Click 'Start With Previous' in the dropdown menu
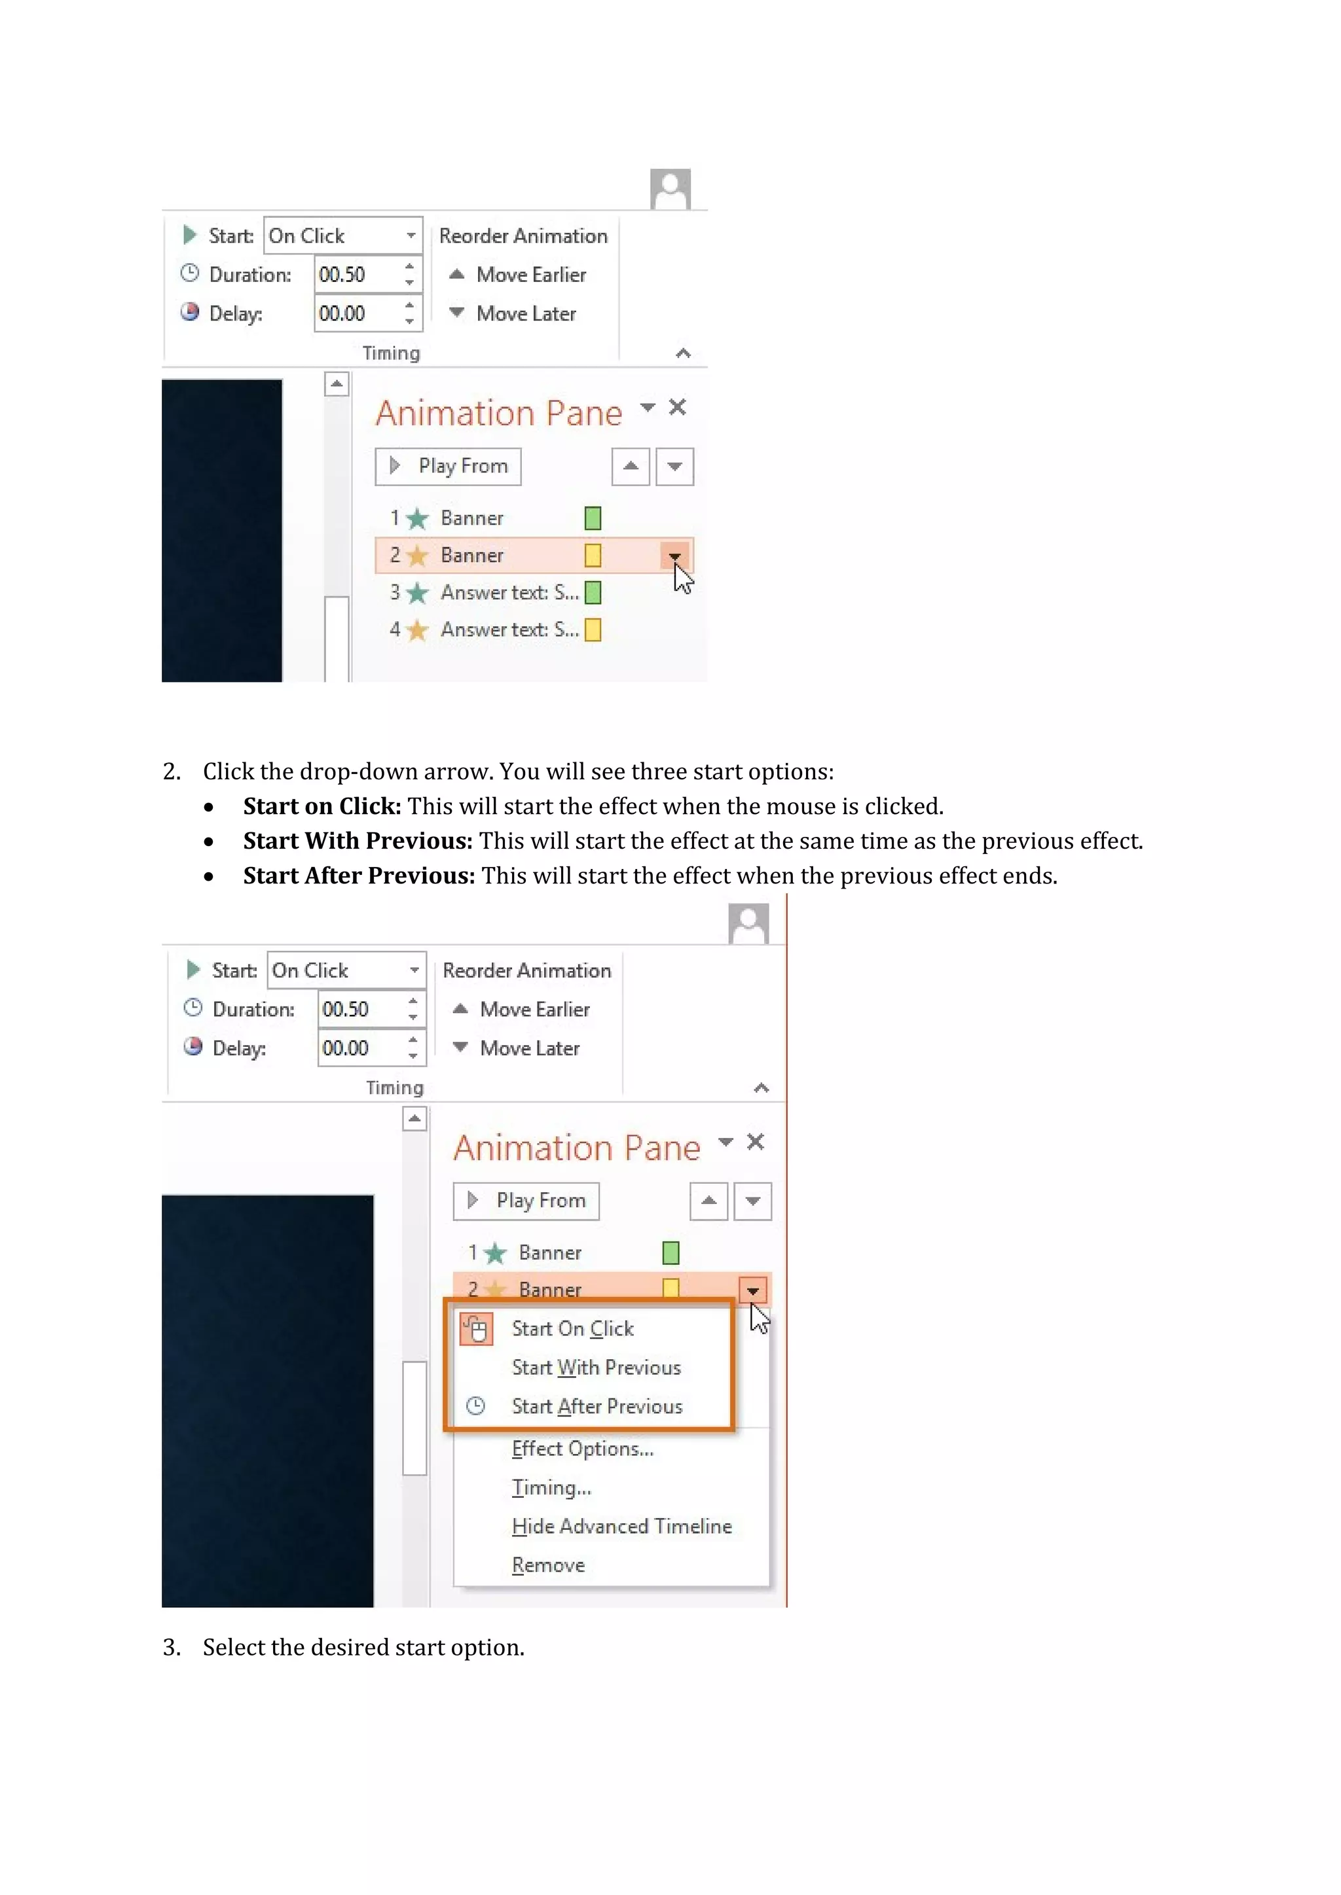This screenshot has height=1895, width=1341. pyautogui.click(x=595, y=1368)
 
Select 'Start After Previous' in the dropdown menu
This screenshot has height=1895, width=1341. pyautogui.click(x=597, y=1406)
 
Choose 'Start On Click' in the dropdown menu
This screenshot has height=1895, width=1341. pyautogui.click(x=572, y=1329)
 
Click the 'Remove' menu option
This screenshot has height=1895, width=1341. pyautogui.click(x=547, y=1566)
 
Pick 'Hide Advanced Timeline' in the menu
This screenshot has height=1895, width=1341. pyautogui.click(x=621, y=1527)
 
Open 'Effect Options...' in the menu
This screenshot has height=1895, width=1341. pyautogui.click(x=582, y=1449)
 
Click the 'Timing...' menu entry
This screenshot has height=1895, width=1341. pyautogui.click(x=551, y=1488)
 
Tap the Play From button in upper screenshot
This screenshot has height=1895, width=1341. pyautogui.click(x=449, y=467)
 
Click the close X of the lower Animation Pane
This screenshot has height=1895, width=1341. pyautogui.click(x=755, y=1142)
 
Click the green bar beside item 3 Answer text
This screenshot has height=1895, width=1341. pyautogui.click(x=593, y=593)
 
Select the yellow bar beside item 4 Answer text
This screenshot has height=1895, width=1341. pyautogui.click(x=593, y=629)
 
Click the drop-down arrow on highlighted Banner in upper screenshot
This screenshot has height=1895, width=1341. pyautogui.click(x=674, y=556)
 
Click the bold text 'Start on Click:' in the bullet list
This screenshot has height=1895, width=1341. pyautogui.click(x=322, y=806)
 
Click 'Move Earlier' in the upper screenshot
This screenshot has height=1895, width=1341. pyautogui.click(x=530, y=275)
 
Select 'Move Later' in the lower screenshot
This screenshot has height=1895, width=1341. pyautogui.click(x=528, y=1048)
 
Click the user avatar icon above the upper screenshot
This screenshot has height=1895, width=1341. pyautogui.click(x=670, y=190)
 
